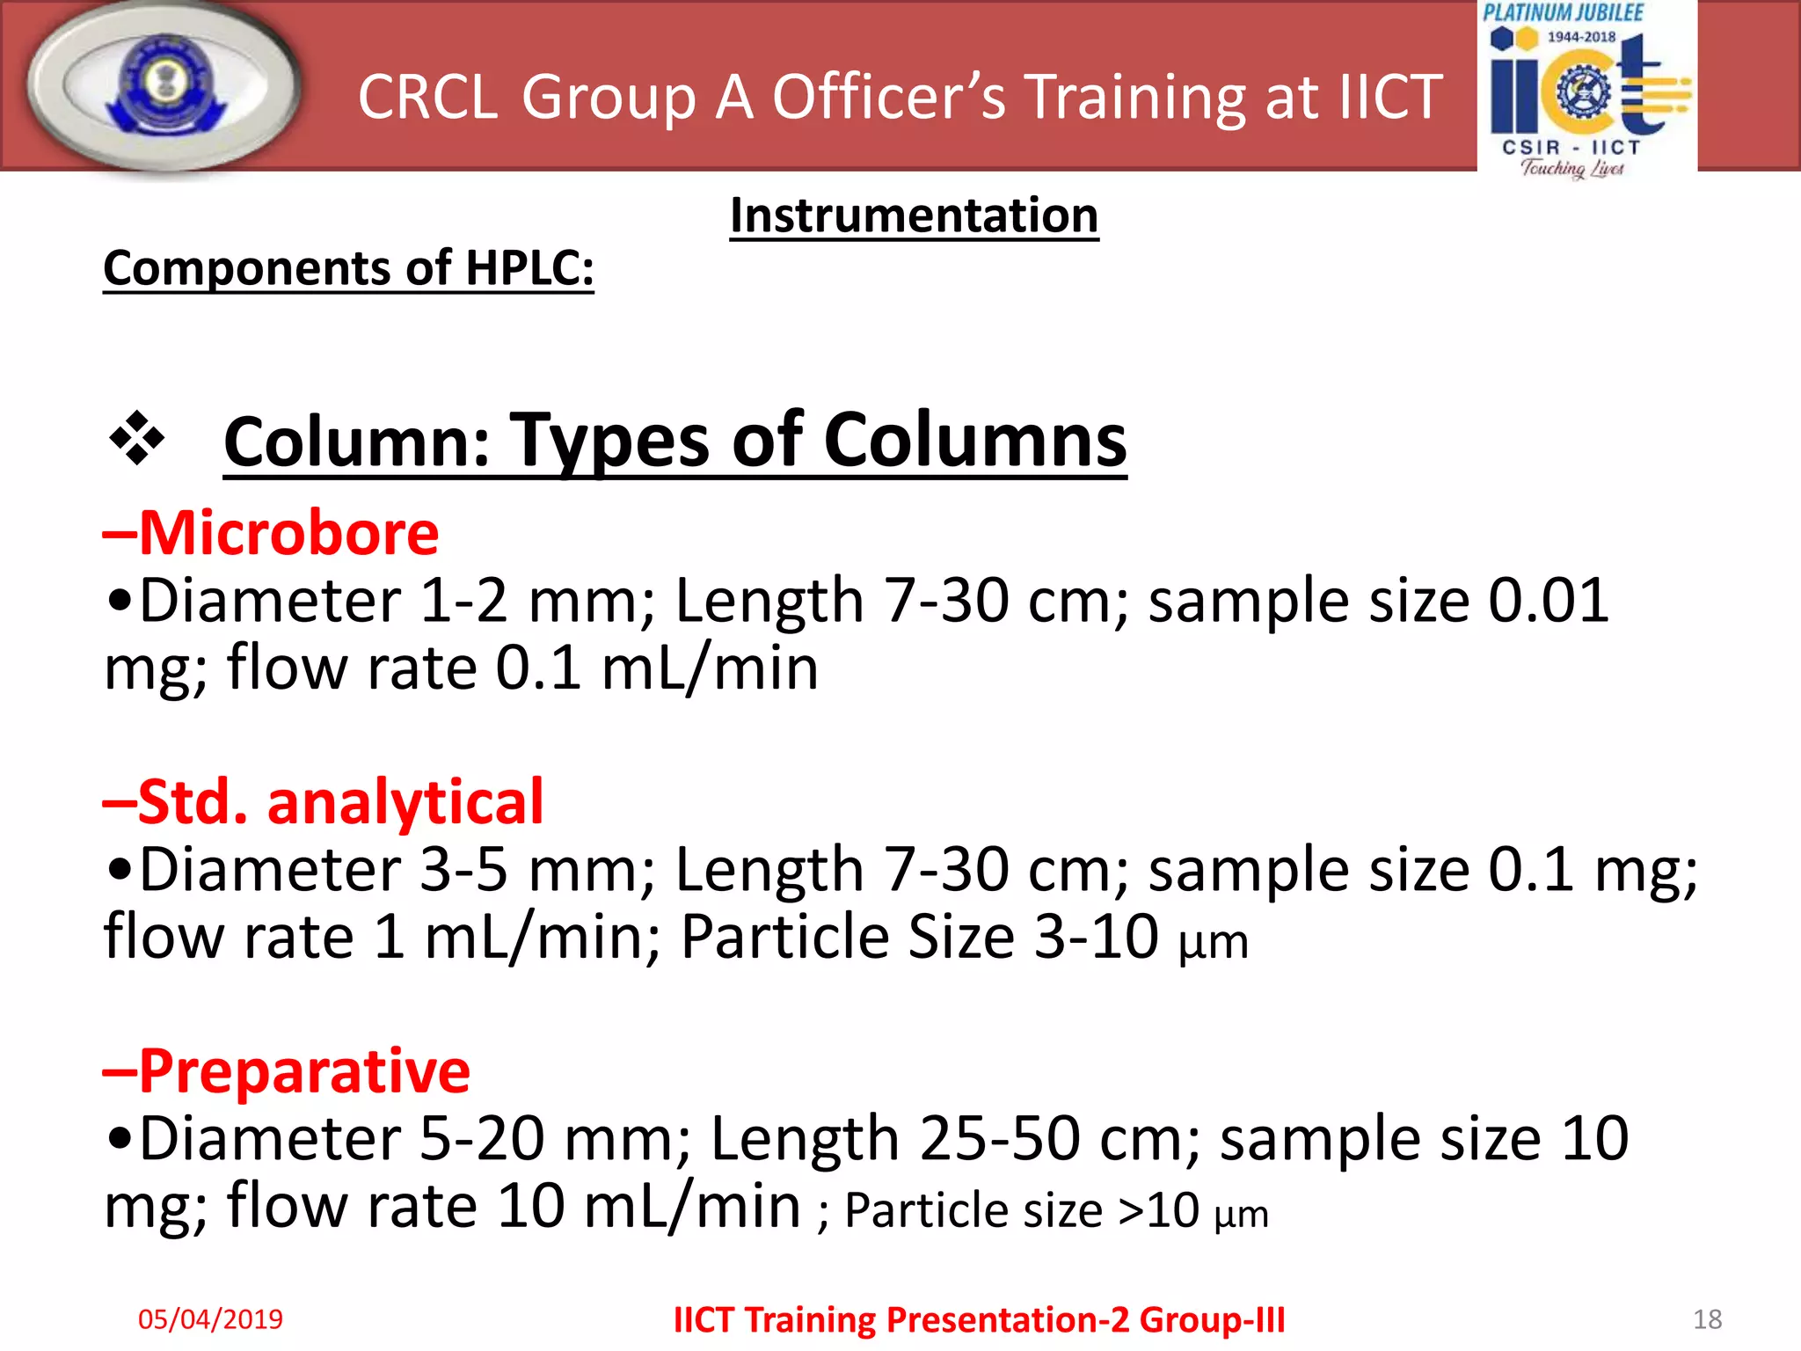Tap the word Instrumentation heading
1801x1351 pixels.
pos(914,215)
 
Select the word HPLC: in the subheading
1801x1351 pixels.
pos(529,268)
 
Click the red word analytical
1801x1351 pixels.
pos(405,802)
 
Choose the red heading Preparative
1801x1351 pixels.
pos(304,1071)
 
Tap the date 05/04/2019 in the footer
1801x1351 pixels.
pos(210,1318)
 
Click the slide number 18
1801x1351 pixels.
pos(1707,1318)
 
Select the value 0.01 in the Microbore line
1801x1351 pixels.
pos(1548,602)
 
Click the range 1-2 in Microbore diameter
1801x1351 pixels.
pos(463,602)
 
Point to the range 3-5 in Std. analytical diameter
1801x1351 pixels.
pos(463,870)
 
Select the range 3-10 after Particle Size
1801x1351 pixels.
pos(1096,937)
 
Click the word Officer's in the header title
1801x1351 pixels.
pos(888,97)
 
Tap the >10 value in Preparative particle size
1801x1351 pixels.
pos(1158,1211)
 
